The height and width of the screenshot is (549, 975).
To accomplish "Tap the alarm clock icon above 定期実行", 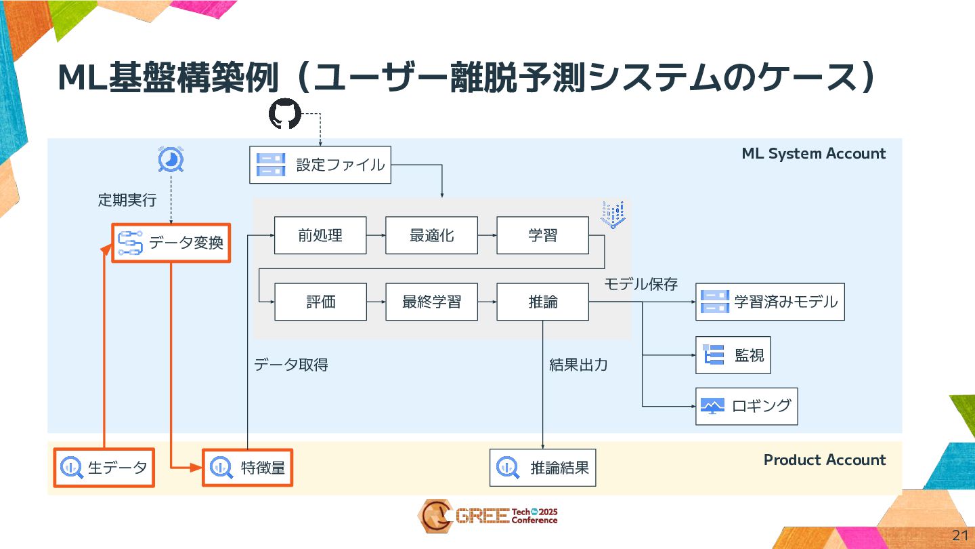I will coord(171,160).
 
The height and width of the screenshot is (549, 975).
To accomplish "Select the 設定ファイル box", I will coord(320,165).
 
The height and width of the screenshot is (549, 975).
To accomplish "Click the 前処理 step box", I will coord(320,235).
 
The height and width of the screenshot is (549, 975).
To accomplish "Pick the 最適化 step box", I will coord(431,235).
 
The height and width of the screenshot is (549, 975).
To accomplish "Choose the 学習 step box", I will coord(542,235).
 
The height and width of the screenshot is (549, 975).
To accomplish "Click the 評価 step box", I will coord(320,302).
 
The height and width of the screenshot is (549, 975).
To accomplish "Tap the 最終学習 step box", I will coord(431,302).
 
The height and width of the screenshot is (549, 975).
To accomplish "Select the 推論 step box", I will coord(542,302).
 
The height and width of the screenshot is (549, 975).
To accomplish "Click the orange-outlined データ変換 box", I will coord(171,243).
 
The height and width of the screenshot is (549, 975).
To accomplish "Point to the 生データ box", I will coord(104,467).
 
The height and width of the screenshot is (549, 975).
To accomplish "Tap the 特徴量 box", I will coord(248,467).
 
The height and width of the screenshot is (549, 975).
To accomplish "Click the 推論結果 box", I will coord(543,467).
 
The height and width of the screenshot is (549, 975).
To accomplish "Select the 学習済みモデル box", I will coord(770,302).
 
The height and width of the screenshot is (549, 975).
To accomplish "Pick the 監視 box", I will coord(733,355).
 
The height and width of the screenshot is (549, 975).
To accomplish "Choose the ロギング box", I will coord(746,406).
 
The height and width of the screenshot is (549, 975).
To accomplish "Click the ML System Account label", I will coord(813,153).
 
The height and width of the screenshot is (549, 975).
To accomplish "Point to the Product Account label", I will coord(824,460).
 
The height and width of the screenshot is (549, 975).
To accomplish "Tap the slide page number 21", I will coord(959,535).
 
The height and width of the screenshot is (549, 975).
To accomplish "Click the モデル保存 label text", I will coord(641,284).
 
